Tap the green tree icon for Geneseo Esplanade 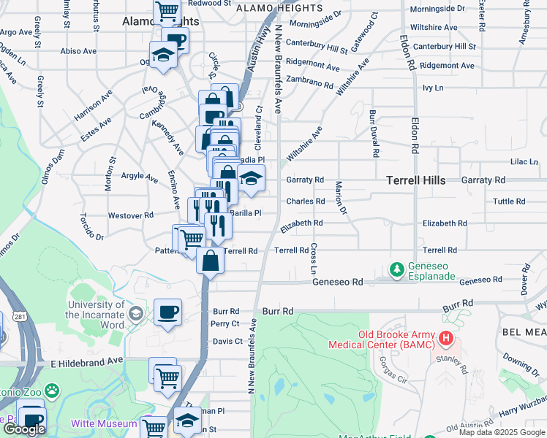tap(397, 270)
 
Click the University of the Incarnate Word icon tap(135, 313)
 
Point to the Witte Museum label tap(104, 423)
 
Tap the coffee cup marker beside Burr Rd tap(168, 313)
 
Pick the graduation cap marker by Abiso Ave tap(163, 54)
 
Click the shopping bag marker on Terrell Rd tap(210, 261)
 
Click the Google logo tap(24, 429)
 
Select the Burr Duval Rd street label tap(374, 134)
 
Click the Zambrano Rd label tap(309, 82)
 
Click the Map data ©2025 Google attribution tap(502, 432)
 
